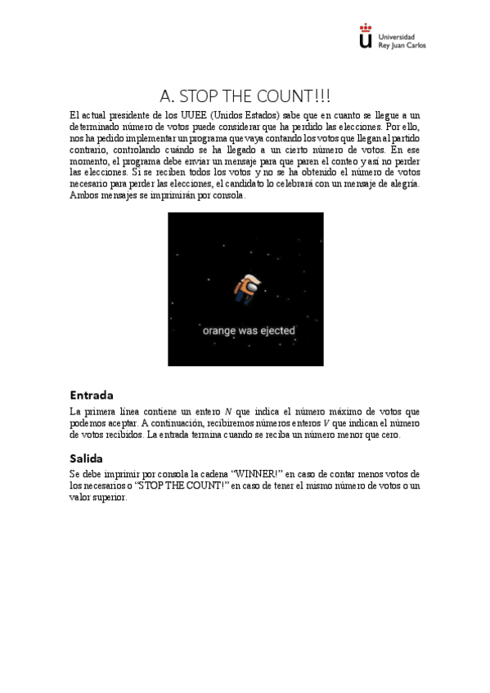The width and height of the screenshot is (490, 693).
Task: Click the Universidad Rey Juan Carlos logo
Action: pyautogui.click(x=392, y=38)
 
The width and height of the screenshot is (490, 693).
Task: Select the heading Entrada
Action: pyautogui.click(x=91, y=395)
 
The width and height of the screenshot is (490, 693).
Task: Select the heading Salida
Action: pyautogui.click(x=87, y=458)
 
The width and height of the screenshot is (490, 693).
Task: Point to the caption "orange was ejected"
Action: pyautogui.click(x=249, y=331)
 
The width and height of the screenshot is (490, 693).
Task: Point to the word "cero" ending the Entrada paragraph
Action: pyautogui.click(x=390, y=435)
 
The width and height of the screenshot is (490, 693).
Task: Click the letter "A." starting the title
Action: pyautogui.click(x=168, y=95)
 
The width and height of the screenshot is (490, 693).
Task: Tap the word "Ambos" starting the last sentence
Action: pyautogui.click(x=83, y=196)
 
